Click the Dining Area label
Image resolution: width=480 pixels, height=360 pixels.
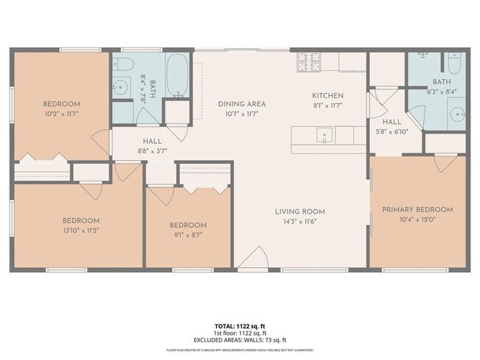pos(241,104)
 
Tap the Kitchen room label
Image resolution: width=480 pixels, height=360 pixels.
pos(328,96)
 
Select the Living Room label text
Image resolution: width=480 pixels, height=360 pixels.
pos(303,212)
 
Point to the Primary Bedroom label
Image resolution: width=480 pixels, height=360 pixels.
pos(417,210)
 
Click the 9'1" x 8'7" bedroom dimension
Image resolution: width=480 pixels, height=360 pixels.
pos(188,235)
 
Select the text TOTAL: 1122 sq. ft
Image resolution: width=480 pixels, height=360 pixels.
pos(239,325)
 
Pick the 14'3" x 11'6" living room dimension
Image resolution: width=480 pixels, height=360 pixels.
pos(303,221)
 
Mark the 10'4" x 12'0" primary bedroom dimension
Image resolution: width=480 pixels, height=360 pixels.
pos(417,219)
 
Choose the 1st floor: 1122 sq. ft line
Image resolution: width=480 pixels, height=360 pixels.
pos(239,333)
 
